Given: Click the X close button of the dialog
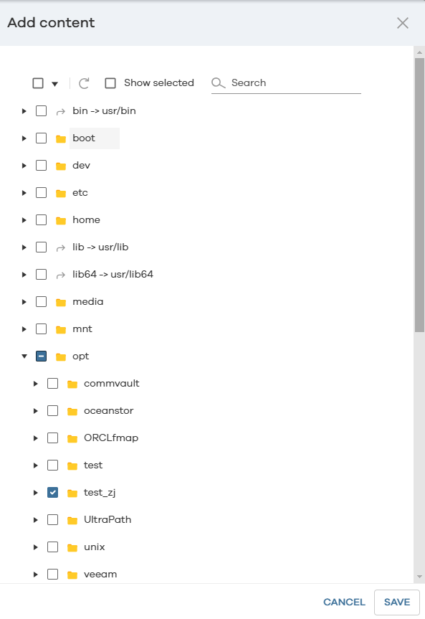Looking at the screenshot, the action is [403, 23].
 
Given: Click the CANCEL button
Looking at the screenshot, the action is [344, 602].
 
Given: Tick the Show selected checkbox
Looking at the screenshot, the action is [110, 83].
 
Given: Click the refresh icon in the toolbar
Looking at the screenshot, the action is [84, 83].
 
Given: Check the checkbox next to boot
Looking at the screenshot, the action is [41, 138].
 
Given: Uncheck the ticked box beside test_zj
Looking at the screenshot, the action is [52, 492].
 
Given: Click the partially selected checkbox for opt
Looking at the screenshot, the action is [41, 356].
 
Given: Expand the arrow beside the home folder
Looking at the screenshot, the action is [24, 220].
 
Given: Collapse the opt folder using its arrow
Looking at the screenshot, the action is [24, 356].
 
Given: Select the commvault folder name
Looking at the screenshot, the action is [112, 383].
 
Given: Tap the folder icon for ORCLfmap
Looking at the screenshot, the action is [72, 438].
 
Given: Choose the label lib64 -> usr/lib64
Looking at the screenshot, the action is [113, 275].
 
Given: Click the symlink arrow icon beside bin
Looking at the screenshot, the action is [60, 112].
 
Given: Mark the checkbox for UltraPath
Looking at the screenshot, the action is [52, 519].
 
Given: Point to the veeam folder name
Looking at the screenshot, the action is [100, 574].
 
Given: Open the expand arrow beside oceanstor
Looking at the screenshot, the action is [36, 411].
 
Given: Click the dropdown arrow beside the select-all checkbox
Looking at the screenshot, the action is [55, 84].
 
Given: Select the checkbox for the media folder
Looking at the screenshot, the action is [41, 301].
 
